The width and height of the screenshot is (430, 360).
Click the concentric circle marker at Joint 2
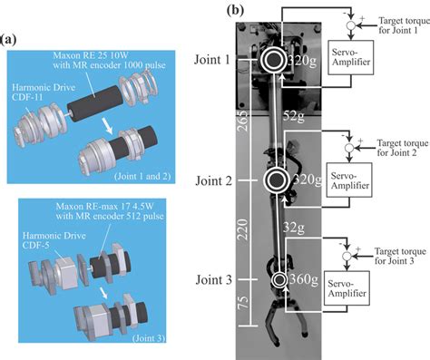[272, 179]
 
